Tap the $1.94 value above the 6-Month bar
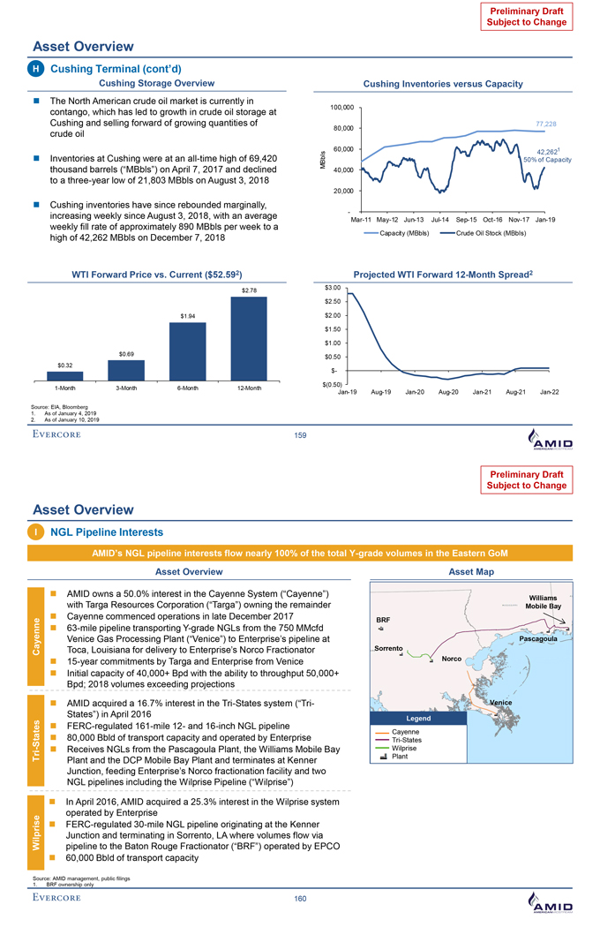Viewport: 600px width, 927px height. point(187,315)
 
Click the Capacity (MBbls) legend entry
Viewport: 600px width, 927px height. point(402,233)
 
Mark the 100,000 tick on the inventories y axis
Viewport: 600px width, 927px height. point(341,107)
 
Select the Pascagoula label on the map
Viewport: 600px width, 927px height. point(544,639)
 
